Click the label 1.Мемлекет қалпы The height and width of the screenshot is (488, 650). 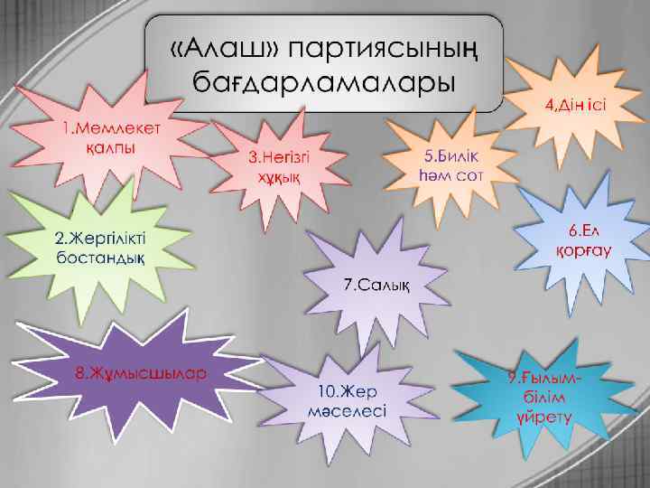click(113, 136)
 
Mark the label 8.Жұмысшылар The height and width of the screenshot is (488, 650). click(140, 371)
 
